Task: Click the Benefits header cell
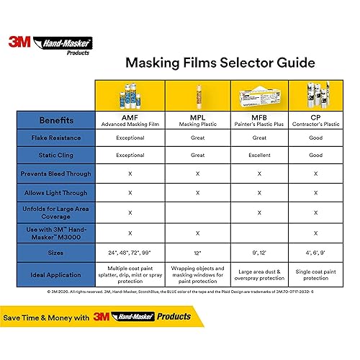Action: (55, 120)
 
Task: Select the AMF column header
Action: (130, 120)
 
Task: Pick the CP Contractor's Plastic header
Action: (315, 120)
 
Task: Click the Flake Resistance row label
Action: (55, 137)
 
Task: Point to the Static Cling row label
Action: (55, 155)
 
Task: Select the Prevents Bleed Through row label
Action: (55, 174)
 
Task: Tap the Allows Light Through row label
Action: (55, 193)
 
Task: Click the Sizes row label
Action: (55, 253)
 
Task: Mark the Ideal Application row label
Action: (55, 275)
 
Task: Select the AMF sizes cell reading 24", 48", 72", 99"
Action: (130, 253)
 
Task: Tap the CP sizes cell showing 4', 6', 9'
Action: (315, 253)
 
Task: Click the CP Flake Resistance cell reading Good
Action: (315, 137)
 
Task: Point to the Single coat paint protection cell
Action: (315, 275)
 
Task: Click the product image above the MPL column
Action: (196, 94)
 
